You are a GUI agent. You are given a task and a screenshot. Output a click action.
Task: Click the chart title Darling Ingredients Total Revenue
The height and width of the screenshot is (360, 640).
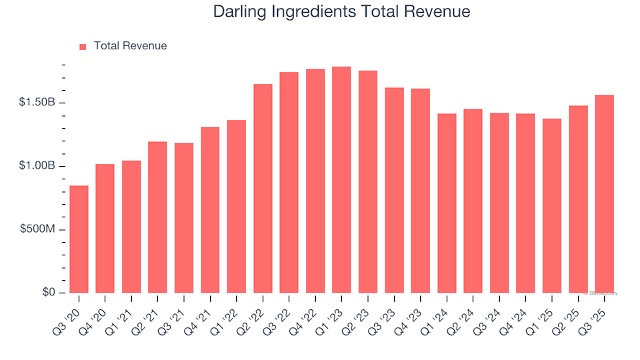(x=341, y=12)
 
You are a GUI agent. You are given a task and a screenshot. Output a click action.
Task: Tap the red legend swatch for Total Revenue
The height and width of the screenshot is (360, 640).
(x=83, y=47)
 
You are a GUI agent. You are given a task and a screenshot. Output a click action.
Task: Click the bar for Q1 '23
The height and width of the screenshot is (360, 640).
(x=341, y=179)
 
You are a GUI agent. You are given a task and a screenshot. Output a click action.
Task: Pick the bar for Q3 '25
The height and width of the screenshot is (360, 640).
(x=604, y=193)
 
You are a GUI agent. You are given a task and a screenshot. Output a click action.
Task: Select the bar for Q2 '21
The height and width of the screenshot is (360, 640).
(x=157, y=217)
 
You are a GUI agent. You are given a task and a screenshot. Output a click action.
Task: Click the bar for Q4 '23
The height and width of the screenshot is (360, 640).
(x=420, y=191)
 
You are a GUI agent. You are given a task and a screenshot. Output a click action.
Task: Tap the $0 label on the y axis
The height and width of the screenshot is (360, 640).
(x=50, y=293)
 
